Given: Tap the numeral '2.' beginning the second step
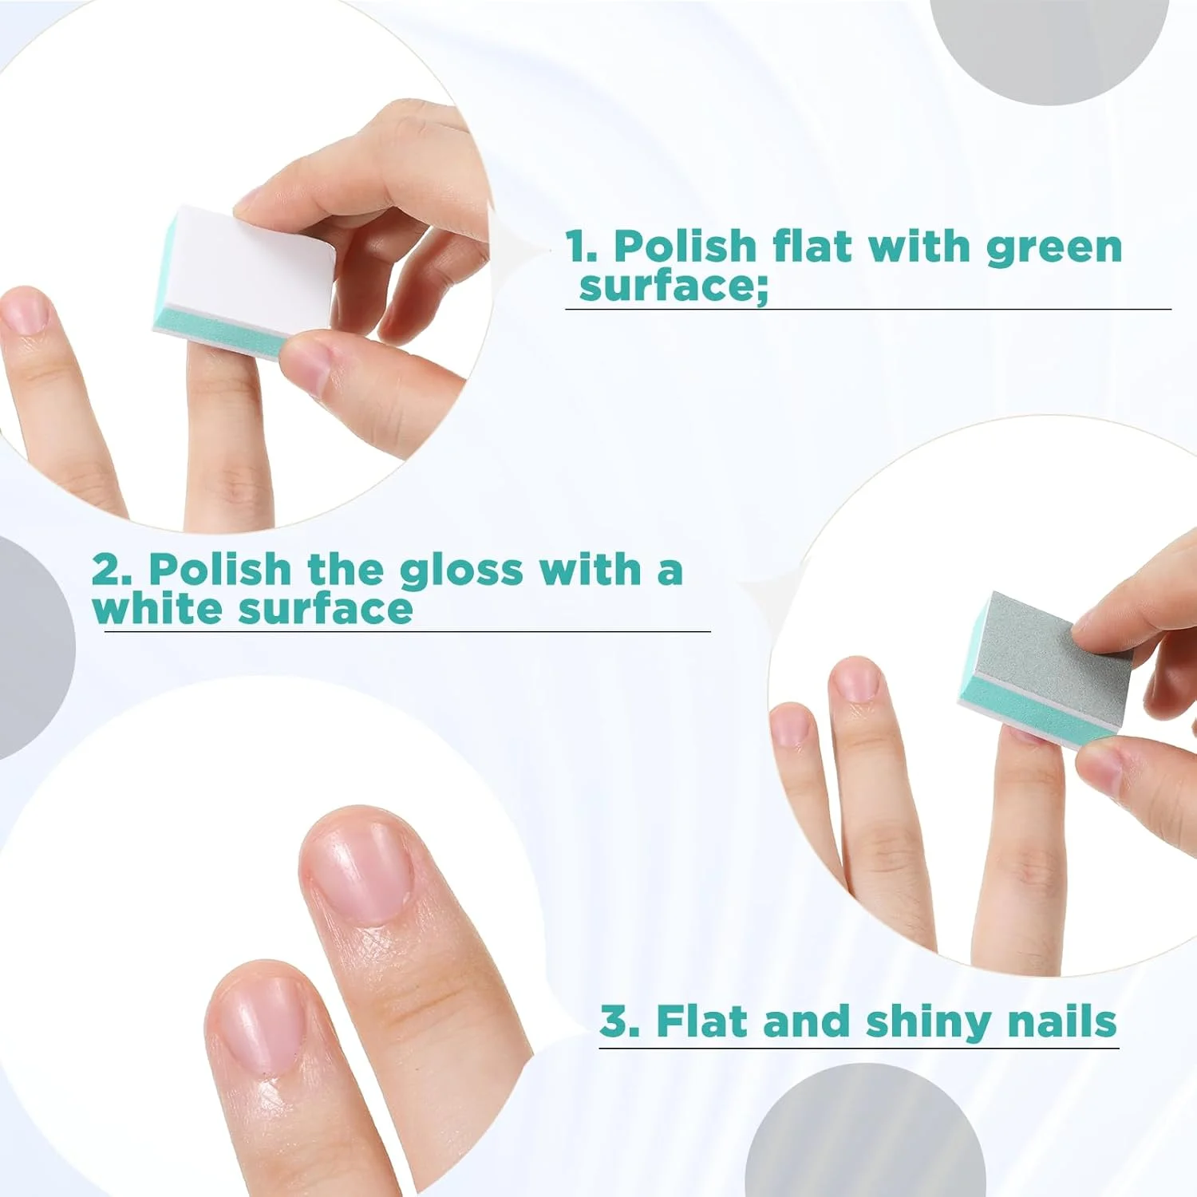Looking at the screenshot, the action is pos(112,570).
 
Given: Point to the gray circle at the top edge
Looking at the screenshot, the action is pos(1050,48).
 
